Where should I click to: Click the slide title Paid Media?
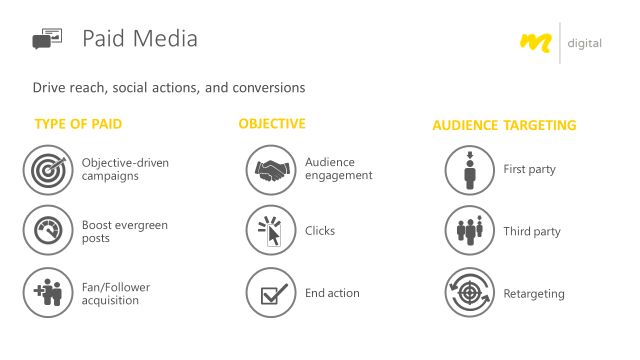click(139, 39)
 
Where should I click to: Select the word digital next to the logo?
click(584, 43)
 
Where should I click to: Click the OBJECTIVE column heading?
click(272, 124)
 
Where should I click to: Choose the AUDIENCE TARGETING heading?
click(504, 126)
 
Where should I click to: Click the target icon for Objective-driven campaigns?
click(47, 169)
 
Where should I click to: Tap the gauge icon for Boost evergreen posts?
click(47, 231)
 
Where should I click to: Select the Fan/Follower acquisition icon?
click(47, 293)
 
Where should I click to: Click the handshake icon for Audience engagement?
click(271, 169)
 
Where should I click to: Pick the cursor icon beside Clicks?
click(271, 231)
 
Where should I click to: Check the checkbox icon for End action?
click(271, 293)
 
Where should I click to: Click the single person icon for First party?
click(469, 169)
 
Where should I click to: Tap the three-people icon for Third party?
click(469, 231)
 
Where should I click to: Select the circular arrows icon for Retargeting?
click(469, 293)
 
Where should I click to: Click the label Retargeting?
click(534, 294)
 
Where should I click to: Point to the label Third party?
click(532, 232)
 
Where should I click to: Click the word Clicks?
click(320, 231)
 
